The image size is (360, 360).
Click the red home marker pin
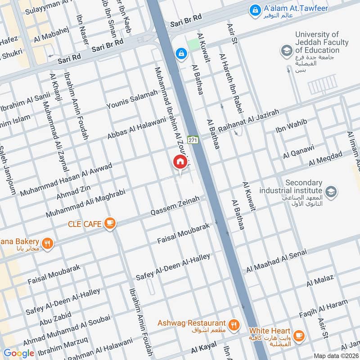point(180,162)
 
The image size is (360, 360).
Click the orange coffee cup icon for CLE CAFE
point(109,223)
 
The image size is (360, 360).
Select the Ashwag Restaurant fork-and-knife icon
point(233,324)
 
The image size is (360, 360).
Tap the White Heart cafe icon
point(298,335)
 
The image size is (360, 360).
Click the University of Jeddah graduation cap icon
point(286,51)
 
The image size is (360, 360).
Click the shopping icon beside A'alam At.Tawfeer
point(255,9)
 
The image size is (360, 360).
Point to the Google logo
point(19,353)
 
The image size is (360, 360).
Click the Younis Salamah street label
point(132,99)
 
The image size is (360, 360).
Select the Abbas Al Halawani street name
point(136,122)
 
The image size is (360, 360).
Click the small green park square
point(193,45)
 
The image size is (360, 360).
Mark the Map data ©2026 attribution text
point(336,355)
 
